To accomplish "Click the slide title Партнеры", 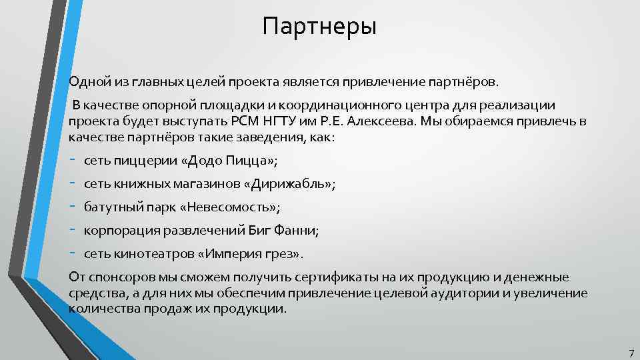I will point(319,27).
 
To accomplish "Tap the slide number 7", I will point(631,352).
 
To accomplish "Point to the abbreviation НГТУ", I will point(303,122).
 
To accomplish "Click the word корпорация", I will point(117,231).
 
